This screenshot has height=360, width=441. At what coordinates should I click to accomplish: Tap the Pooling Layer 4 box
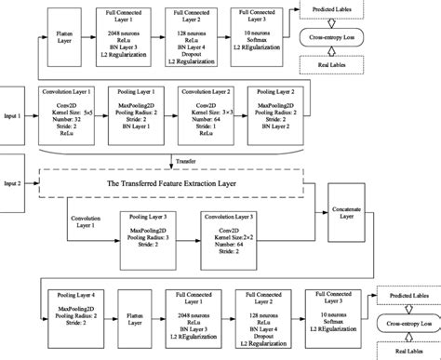73,315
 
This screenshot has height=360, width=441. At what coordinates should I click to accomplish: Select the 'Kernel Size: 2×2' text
226,237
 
